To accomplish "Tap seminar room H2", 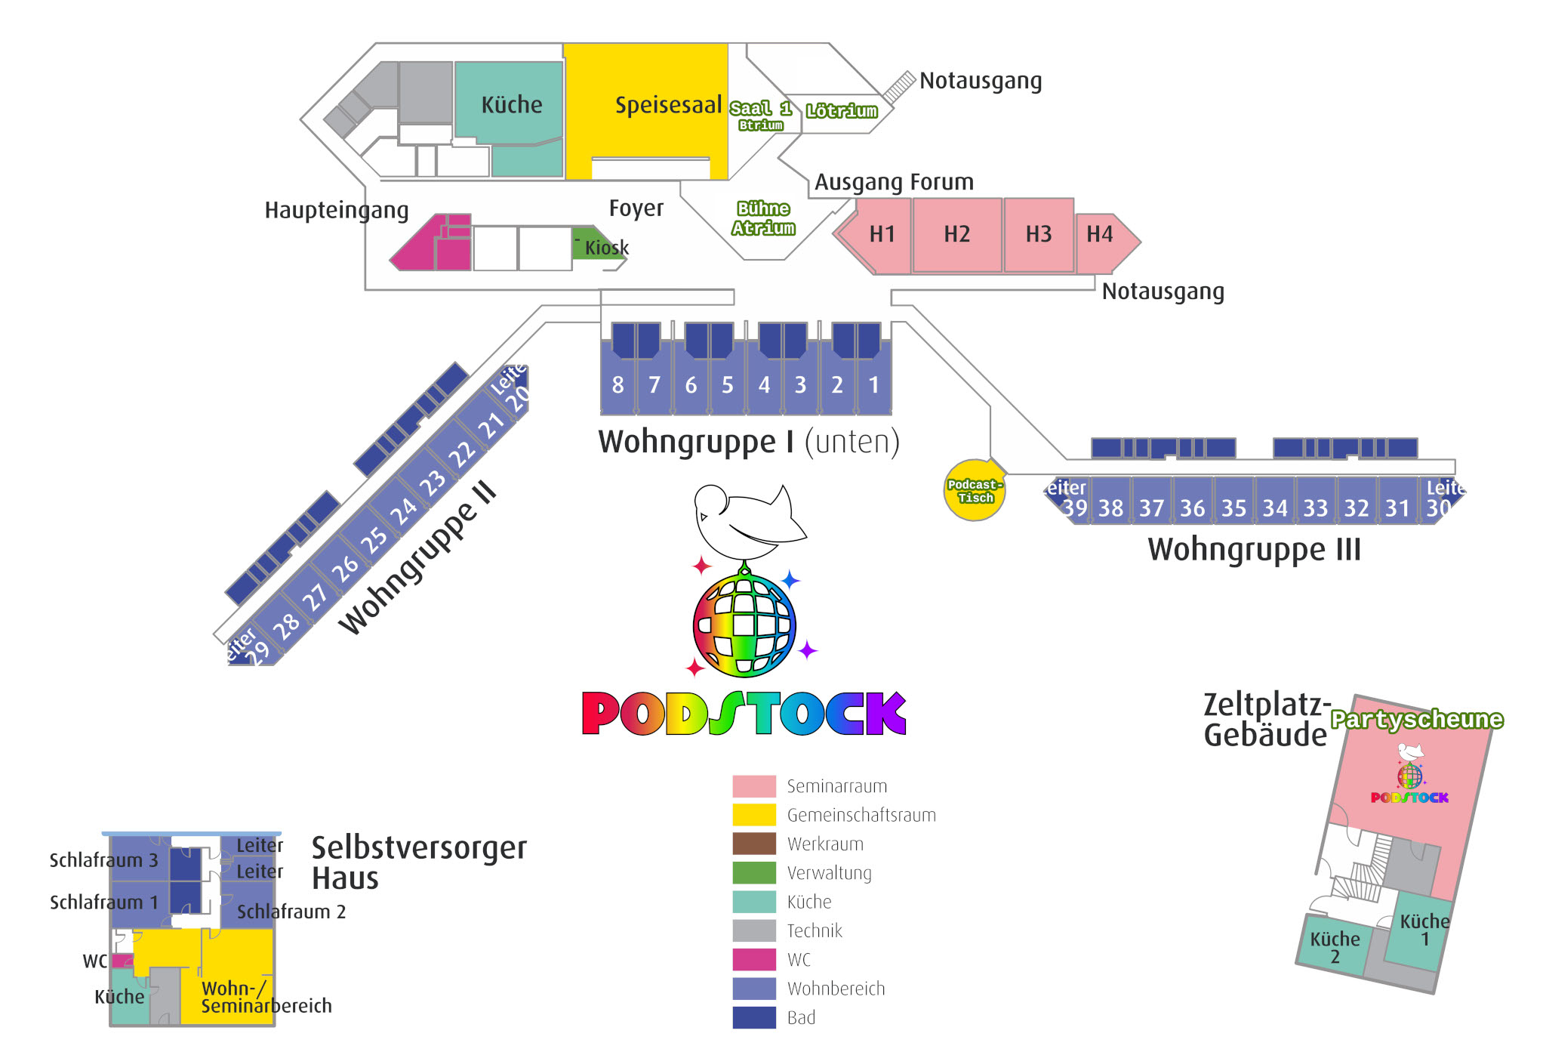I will coord(956,234).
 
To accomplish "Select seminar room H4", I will coord(1100,235).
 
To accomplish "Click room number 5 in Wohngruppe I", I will coord(727,385).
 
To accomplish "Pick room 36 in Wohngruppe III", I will coord(1193,508).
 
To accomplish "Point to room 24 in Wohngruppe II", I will coord(402,511).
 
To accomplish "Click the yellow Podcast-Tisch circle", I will coord(975,491).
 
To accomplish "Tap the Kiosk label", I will coord(606,248).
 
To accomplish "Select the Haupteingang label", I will coord(336,210).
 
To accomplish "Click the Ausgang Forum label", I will coord(894,182).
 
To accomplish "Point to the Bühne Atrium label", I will coord(763,218).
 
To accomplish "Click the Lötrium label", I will coord(841,111).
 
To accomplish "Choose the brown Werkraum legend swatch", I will coord(753,844).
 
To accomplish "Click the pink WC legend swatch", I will coord(753,959).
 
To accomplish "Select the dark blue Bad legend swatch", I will coord(753,1017).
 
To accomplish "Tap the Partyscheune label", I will coord(1416,720).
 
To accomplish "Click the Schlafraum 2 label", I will coord(291,912).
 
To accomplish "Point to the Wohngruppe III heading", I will coord(1254,549).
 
